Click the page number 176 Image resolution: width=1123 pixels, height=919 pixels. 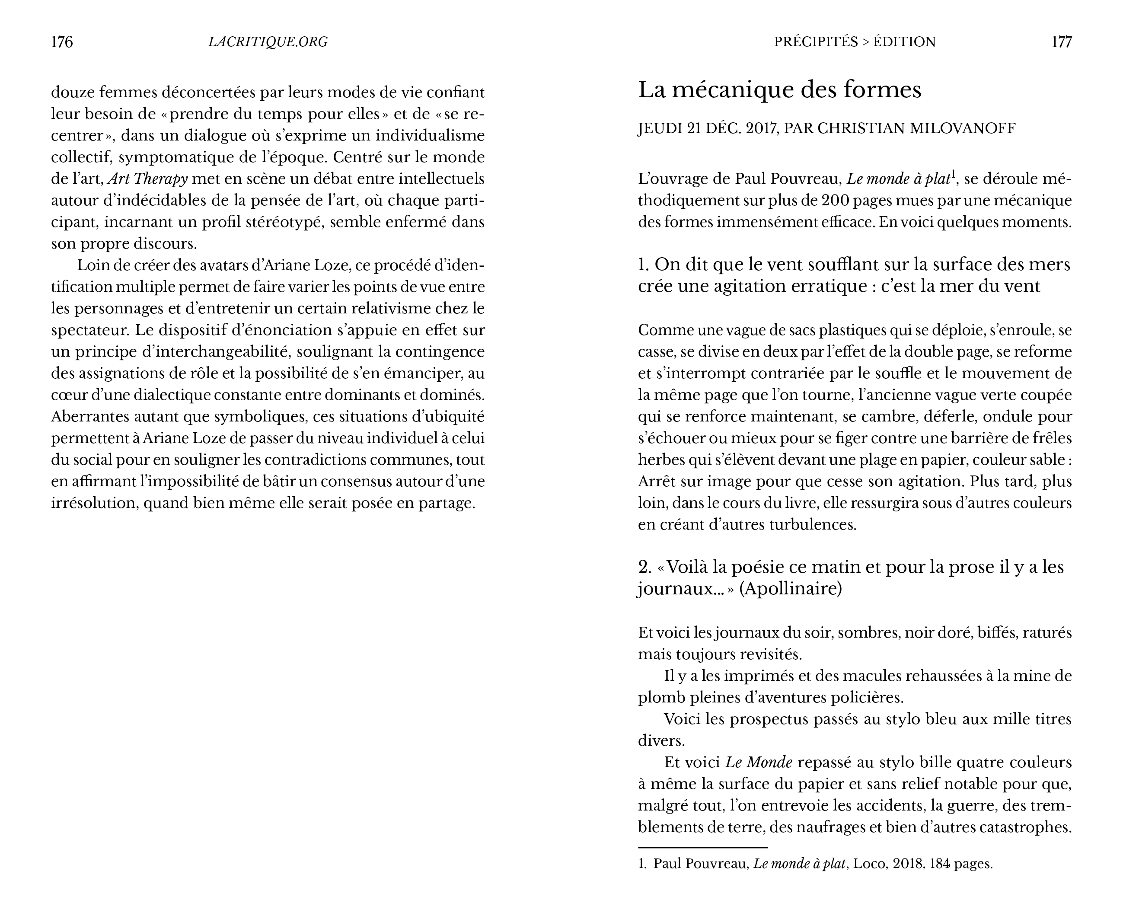[61, 42]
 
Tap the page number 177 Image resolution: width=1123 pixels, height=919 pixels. [1061, 42]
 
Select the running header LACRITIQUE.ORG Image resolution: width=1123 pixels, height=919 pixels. [268, 42]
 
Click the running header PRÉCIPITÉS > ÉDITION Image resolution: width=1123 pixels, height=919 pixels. [855, 42]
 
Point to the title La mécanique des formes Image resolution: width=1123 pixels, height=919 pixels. [779, 90]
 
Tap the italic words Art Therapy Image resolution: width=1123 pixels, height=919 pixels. [148, 179]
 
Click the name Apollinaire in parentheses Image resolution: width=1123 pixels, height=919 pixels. [790, 589]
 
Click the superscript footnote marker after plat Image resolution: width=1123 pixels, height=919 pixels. [953, 174]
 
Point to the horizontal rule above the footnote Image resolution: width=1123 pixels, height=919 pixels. [702, 848]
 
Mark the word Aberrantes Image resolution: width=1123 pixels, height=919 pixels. [87, 417]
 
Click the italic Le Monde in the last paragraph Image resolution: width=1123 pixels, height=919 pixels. [758, 763]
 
